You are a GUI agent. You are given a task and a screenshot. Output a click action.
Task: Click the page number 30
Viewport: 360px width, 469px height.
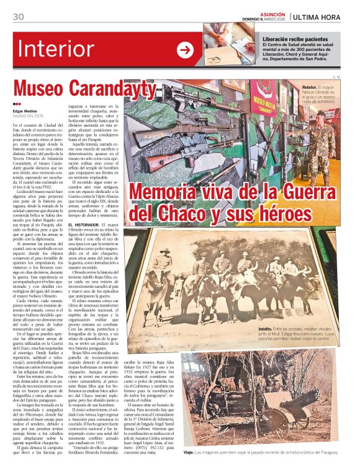point(18,16)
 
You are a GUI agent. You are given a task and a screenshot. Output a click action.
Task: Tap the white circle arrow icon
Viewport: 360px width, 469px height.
point(185,50)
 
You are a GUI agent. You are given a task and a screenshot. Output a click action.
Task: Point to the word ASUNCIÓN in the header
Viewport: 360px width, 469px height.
point(272,12)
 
